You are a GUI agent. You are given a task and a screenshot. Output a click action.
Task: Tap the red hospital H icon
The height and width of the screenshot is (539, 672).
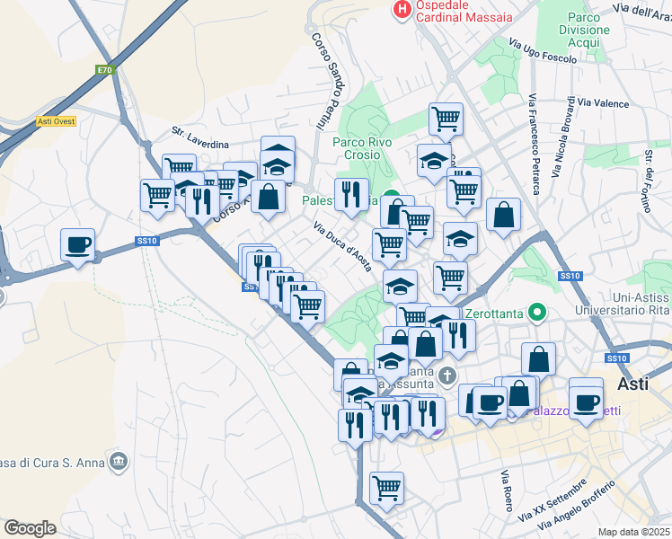[x=402, y=10]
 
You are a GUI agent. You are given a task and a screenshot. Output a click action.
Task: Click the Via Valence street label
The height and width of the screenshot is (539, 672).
[x=604, y=103]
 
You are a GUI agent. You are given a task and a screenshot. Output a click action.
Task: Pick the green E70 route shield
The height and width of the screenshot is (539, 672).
[x=104, y=69]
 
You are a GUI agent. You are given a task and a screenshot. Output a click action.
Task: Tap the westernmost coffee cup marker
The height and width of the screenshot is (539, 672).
[x=78, y=244]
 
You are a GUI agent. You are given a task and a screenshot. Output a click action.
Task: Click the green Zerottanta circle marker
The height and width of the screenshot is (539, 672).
[x=537, y=314]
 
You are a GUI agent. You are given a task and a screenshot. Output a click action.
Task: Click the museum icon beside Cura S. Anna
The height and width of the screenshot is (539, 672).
[x=118, y=462]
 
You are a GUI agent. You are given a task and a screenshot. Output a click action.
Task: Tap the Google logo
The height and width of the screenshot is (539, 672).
[x=30, y=527]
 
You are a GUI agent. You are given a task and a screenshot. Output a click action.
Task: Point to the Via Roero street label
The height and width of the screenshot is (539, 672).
[x=507, y=490]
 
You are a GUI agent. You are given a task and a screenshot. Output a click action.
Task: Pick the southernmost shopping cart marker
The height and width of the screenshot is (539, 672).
[x=386, y=489]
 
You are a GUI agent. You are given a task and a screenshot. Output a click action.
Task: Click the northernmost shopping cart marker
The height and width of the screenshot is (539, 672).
[x=446, y=118]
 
